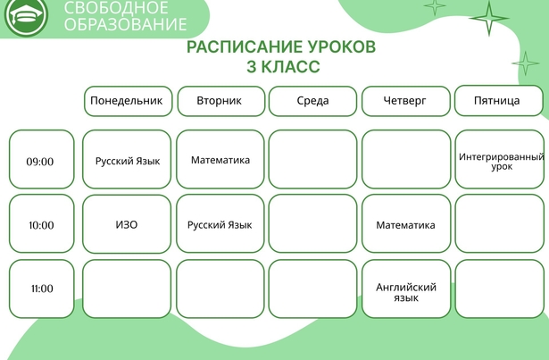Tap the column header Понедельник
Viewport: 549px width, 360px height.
click(x=129, y=101)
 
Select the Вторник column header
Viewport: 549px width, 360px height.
click(x=220, y=101)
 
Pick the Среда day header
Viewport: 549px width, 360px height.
click(x=312, y=101)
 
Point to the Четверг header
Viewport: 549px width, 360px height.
click(x=406, y=101)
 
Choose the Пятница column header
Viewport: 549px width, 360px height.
click(x=499, y=101)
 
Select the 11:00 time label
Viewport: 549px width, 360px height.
click(x=42, y=289)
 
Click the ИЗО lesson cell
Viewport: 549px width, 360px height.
click(x=127, y=223)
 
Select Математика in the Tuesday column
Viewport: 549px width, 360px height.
click(x=220, y=159)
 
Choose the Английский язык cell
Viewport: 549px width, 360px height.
click(x=406, y=289)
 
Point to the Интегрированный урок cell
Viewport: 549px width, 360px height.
click(x=500, y=159)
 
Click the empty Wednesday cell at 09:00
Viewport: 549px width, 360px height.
click(x=312, y=159)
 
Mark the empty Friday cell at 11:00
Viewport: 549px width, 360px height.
click(x=500, y=289)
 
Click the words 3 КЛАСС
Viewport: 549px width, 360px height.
click(x=283, y=67)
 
